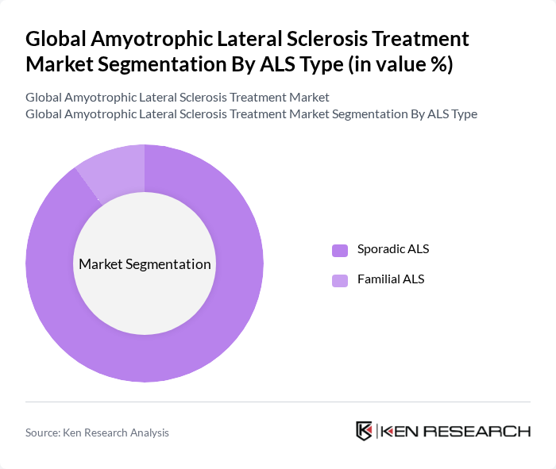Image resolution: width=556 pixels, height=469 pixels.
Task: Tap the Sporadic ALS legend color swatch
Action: click(340, 250)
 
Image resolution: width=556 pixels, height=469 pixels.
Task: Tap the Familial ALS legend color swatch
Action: click(340, 280)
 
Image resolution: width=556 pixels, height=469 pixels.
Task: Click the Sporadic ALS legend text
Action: click(393, 249)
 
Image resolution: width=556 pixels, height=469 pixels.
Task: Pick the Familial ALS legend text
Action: click(391, 279)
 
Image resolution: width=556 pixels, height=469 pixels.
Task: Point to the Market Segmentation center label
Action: click(145, 264)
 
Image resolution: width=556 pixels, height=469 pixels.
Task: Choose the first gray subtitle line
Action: click(177, 98)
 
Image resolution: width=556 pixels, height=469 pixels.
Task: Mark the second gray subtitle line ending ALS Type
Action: click(251, 113)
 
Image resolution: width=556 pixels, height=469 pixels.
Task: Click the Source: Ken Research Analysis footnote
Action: click(97, 432)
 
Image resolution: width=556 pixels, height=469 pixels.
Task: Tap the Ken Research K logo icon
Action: click(364, 431)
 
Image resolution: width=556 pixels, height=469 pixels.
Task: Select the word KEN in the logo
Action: click(402, 432)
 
